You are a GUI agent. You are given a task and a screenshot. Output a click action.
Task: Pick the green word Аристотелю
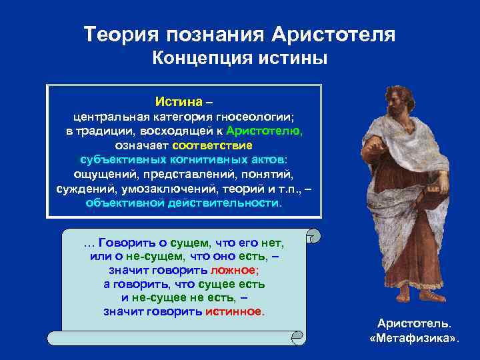[x=264, y=131]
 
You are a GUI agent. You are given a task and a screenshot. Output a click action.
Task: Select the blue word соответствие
[x=213, y=145]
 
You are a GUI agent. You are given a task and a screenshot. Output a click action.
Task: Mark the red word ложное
[x=233, y=270]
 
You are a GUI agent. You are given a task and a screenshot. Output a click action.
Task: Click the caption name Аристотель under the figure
[x=414, y=324]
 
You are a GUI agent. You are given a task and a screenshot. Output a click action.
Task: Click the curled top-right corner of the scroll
[x=313, y=235]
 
